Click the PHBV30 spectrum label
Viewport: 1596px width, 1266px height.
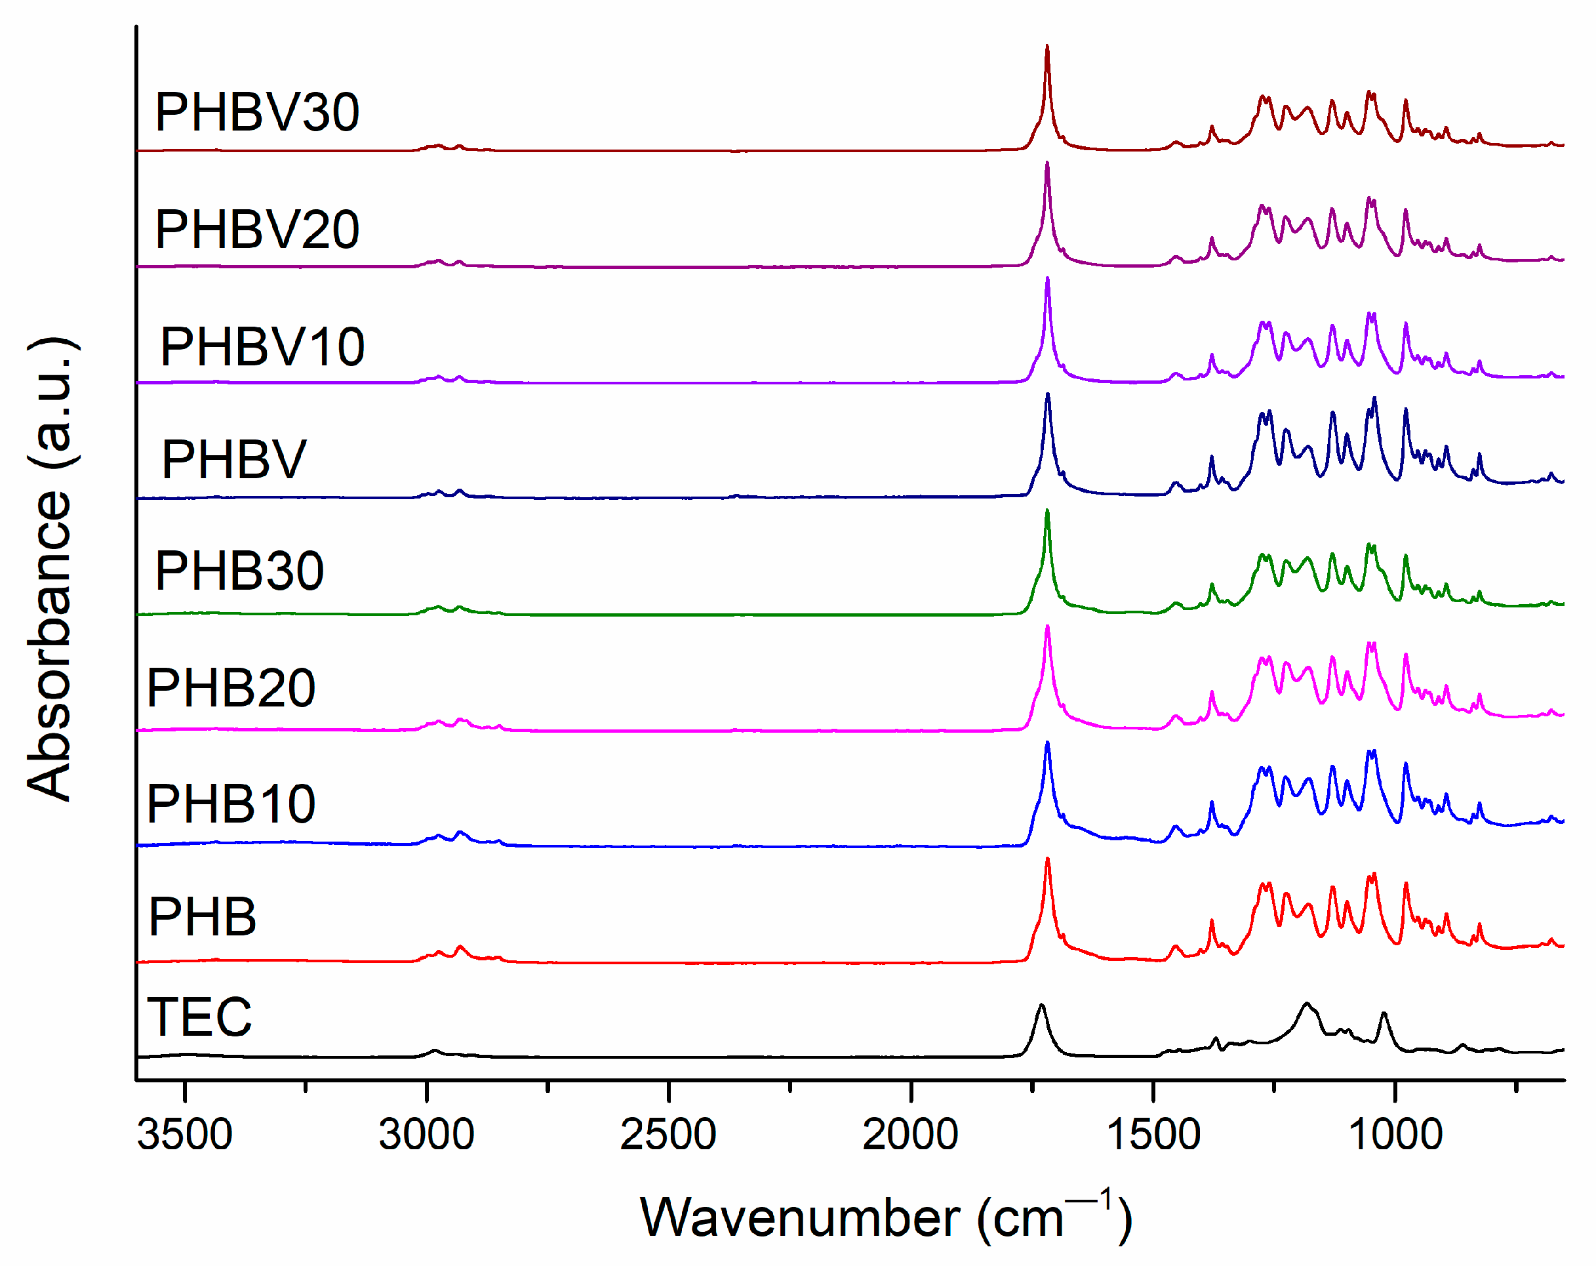click(x=257, y=113)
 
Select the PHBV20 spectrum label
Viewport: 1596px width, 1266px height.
click(x=257, y=230)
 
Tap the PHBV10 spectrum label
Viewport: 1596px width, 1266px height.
click(x=262, y=346)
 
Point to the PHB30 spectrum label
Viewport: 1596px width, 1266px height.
click(x=239, y=571)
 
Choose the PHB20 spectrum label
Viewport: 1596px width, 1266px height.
click(x=231, y=688)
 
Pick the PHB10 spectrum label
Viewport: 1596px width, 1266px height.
click(x=231, y=804)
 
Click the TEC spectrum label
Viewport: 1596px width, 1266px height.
click(x=200, y=1017)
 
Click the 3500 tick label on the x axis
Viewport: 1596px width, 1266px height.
click(x=184, y=1135)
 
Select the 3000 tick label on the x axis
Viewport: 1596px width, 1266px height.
click(x=426, y=1135)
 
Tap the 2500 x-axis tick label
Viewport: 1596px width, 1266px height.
click(x=668, y=1135)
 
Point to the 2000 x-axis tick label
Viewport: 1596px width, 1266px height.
click(x=911, y=1135)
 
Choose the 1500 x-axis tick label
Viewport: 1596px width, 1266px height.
click(x=1153, y=1135)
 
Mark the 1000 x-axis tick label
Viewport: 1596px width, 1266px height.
click(x=1395, y=1135)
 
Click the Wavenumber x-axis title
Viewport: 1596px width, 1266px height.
click(x=885, y=1217)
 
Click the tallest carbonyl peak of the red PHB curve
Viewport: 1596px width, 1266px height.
click(x=1047, y=859)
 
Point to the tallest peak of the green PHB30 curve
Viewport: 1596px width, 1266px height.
click(x=1047, y=511)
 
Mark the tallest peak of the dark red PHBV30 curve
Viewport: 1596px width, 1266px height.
click(x=1047, y=46)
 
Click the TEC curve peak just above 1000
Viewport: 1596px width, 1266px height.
click(x=1384, y=1013)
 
